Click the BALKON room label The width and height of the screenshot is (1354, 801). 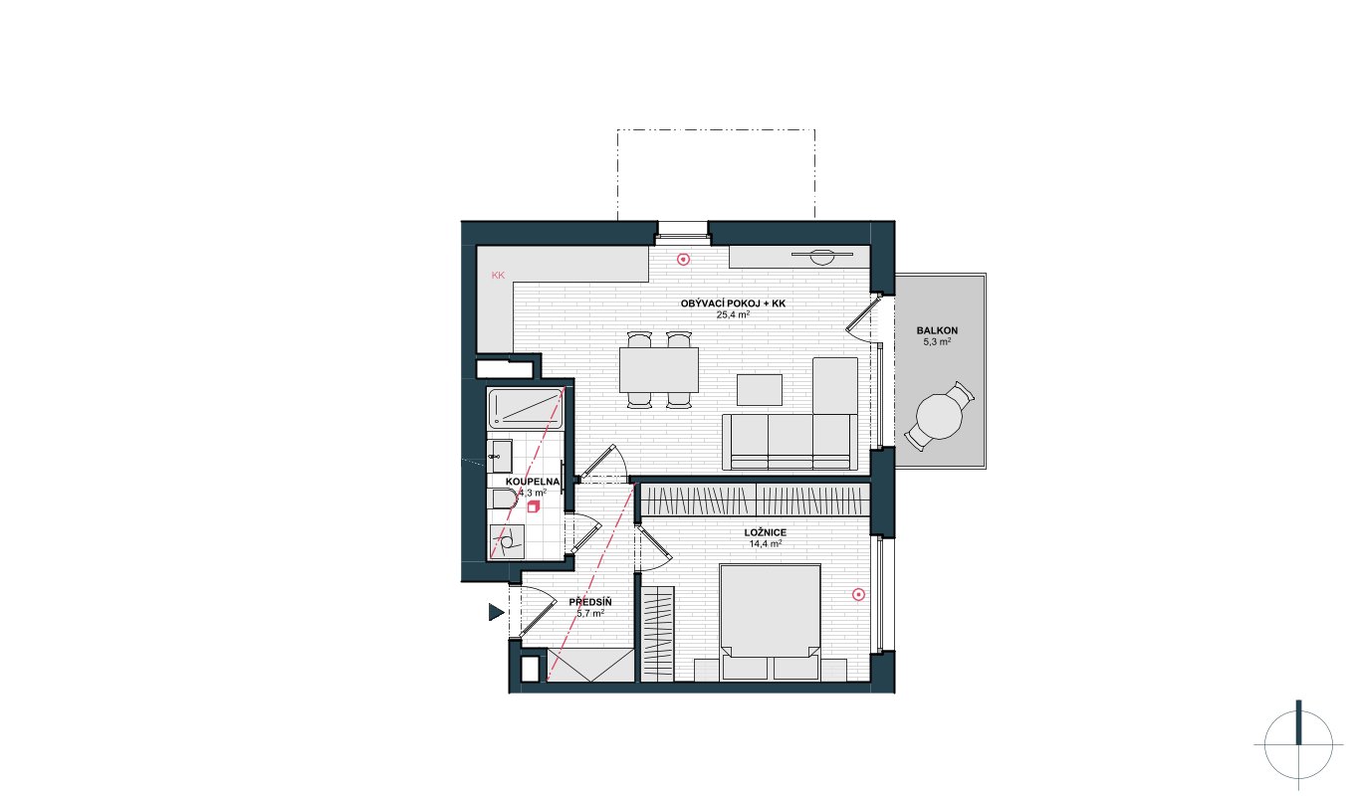point(937,330)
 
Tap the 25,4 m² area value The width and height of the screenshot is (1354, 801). point(733,314)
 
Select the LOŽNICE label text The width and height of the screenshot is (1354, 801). point(766,532)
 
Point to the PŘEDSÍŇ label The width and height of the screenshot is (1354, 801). point(590,602)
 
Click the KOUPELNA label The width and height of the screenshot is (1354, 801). point(533,482)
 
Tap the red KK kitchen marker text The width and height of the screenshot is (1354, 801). point(498,276)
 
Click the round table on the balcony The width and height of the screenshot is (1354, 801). point(939,417)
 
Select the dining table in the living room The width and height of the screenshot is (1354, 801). point(659,370)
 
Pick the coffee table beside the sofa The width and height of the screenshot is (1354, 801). point(760,390)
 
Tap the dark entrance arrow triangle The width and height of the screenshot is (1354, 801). point(496,613)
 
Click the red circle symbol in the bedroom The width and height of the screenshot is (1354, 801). point(858,595)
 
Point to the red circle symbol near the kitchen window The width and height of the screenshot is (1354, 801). point(683,260)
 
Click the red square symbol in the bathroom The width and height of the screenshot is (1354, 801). point(533,506)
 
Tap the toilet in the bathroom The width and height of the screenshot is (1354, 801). point(504,499)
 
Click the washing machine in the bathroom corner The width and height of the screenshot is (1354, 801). point(507,542)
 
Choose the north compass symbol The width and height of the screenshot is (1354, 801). point(1298,745)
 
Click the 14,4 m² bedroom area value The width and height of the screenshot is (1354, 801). point(766,543)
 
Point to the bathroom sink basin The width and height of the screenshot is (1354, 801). point(500,457)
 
